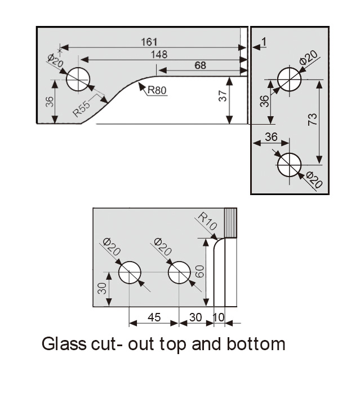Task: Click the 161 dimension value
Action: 150,42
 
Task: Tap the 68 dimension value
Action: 200,65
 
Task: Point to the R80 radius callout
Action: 157,90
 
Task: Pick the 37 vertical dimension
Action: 223,96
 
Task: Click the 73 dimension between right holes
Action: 313,119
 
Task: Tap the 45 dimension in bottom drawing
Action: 154,317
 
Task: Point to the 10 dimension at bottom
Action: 219,317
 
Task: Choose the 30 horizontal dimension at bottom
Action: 196,317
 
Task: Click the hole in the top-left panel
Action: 78,80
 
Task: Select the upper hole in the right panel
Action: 289,78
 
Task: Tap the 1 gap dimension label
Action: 264,42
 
